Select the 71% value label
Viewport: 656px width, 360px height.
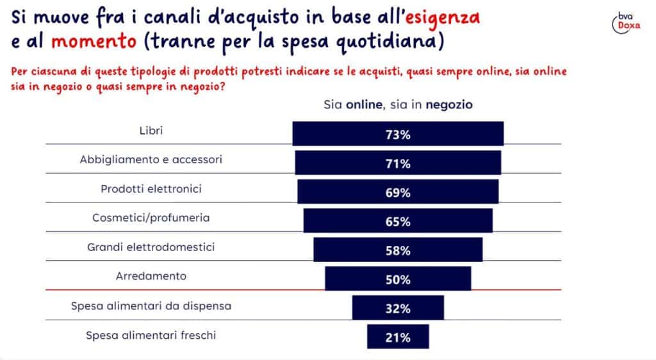click(398, 164)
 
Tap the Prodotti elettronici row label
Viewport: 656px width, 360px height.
click(151, 189)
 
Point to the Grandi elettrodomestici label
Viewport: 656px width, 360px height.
click(151, 247)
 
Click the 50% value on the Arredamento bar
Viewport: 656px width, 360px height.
click(398, 280)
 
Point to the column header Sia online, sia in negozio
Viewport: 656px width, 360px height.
click(398, 104)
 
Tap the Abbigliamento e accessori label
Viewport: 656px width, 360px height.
click(151, 160)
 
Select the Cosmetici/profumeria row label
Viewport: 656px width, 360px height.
click(151, 218)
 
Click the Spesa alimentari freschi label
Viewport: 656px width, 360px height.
click(151, 334)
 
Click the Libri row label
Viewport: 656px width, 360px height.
click(151, 131)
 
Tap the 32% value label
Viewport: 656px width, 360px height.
click(398, 309)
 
